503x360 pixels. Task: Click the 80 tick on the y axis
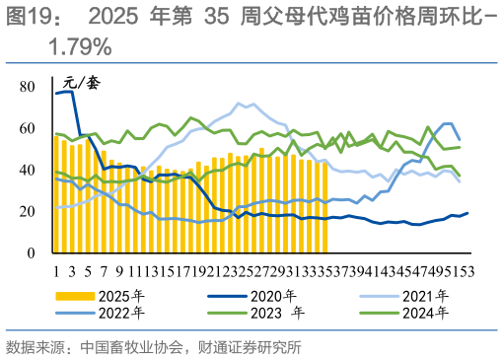(28, 88)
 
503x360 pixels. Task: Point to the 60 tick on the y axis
(28, 129)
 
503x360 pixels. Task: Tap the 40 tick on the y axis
(28, 171)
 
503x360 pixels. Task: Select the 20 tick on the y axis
(28, 212)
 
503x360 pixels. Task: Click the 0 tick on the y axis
(32, 253)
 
